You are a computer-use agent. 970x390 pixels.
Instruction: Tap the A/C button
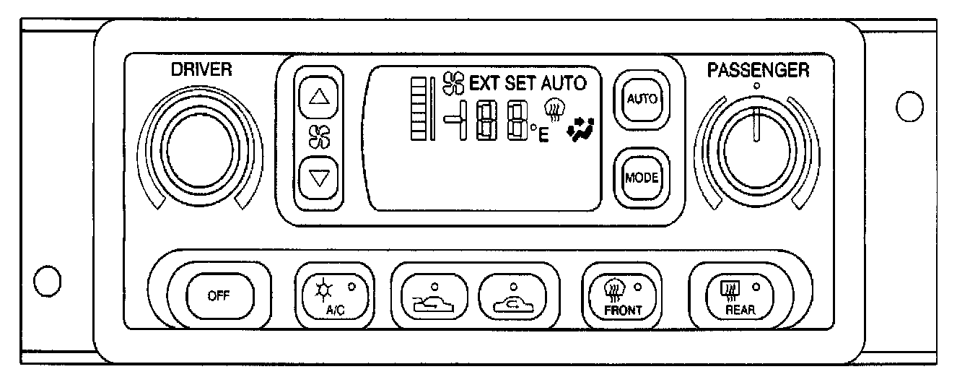pos(333,296)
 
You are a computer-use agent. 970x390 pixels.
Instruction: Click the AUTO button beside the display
pos(641,99)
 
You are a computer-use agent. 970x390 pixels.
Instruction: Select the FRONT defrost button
pos(622,296)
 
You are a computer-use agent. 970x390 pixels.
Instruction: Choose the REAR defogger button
pos(730,296)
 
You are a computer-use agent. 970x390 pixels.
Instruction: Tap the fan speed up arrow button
pos(318,96)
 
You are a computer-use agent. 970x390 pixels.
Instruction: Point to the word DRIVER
pos(201,69)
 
